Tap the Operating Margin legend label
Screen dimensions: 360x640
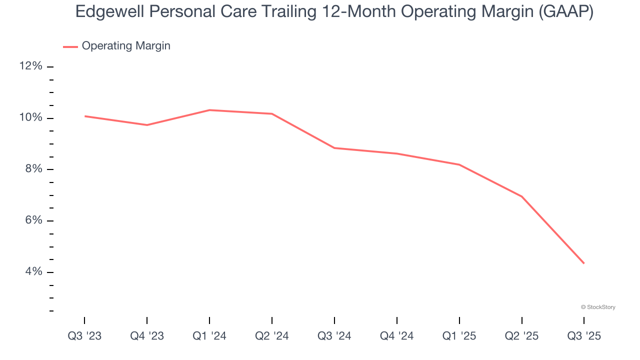[x=126, y=46]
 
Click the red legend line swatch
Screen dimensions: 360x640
[x=70, y=46]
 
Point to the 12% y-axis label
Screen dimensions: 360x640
[x=31, y=66]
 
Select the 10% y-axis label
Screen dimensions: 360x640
[x=31, y=118]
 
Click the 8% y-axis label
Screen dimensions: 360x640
[x=33, y=169]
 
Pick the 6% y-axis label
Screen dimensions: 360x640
[x=33, y=220]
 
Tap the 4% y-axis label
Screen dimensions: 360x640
[x=33, y=272]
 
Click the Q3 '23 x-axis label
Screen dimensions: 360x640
[x=84, y=336]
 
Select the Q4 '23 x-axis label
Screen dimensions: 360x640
[x=147, y=336]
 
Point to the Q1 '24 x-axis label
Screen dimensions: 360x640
[x=209, y=336]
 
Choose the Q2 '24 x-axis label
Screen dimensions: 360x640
[x=272, y=336]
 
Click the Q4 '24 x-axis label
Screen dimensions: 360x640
[x=397, y=336]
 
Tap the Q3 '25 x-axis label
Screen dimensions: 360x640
[x=584, y=336]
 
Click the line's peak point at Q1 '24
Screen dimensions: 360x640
[x=209, y=110]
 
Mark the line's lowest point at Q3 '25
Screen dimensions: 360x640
[x=584, y=263]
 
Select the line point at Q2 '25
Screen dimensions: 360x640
[x=522, y=196]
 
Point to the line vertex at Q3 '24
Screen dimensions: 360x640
[x=334, y=148]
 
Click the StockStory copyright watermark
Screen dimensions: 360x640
[x=598, y=307]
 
